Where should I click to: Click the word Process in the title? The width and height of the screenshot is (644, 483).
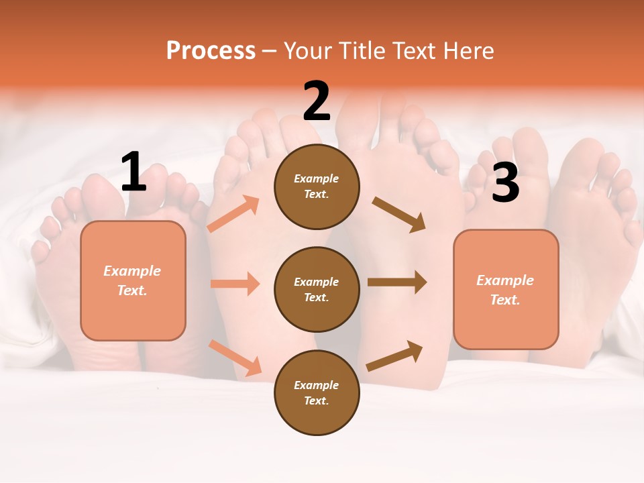(x=211, y=50)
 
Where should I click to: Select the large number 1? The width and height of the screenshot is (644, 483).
(x=133, y=172)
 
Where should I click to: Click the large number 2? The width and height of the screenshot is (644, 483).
(x=317, y=101)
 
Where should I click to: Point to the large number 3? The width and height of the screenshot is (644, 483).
(x=505, y=182)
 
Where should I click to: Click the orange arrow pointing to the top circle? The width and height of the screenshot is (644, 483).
(x=233, y=215)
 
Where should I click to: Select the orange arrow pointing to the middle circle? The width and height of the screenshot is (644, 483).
(x=235, y=284)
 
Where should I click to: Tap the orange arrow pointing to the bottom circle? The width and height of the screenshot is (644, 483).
(x=235, y=357)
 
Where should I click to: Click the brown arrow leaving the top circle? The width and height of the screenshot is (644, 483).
(x=398, y=214)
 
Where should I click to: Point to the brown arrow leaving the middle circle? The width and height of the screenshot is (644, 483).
(x=396, y=282)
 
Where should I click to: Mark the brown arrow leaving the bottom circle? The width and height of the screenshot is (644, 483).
(x=394, y=356)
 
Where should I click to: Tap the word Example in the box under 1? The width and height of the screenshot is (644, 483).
(x=132, y=271)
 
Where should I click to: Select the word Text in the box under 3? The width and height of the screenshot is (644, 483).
(x=504, y=300)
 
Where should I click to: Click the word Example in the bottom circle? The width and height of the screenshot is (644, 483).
(x=316, y=385)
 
